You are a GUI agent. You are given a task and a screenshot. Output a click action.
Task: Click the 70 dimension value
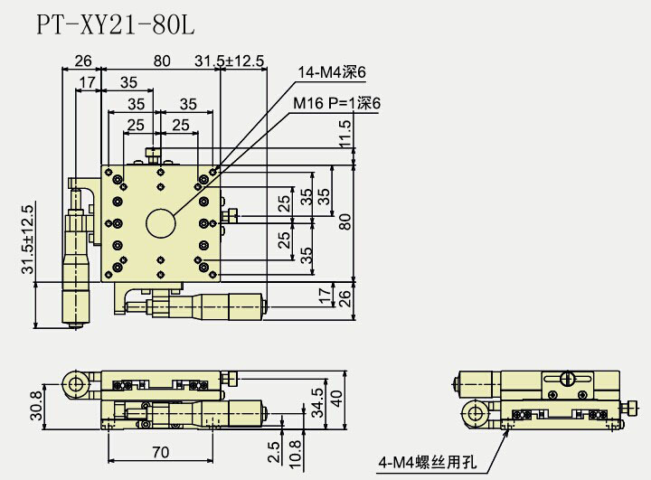[x=161, y=450]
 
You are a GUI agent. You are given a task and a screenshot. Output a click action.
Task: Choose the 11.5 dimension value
[x=344, y=142]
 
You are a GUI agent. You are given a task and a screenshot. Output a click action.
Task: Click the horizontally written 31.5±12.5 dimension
[x=230, y=61]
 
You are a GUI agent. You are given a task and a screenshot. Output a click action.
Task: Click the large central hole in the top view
[x=161, y=222]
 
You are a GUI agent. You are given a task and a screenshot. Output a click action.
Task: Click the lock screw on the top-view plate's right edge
[x=233, y=216]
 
